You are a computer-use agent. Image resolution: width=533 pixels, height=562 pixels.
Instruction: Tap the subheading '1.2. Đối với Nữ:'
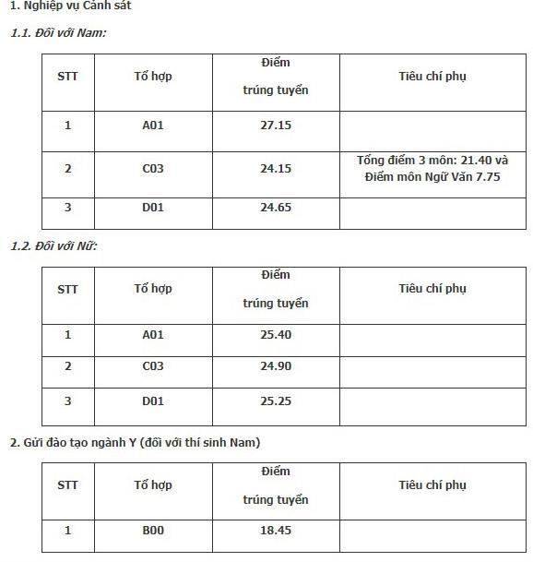(53, 245)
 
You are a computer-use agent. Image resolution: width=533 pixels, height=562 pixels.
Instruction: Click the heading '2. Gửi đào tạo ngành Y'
(135, 442)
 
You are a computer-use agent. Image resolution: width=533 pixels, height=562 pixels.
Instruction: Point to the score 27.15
(276, 125)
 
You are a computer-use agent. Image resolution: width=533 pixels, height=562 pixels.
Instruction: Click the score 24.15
(276, 169)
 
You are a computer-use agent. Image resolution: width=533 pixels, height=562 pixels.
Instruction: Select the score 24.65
(276, 208)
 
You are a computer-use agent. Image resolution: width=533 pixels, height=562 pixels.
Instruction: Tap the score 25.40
(276, 334)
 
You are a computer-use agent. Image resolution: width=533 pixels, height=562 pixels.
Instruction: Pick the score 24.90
(276, 366)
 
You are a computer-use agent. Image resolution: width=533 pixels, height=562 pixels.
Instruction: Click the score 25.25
(276, 401)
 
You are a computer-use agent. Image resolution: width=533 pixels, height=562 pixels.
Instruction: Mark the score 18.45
(276, 531)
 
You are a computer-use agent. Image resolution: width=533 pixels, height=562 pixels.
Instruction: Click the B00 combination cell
(153, 531)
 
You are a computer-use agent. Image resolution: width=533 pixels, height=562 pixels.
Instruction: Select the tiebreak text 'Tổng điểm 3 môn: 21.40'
(432, 161)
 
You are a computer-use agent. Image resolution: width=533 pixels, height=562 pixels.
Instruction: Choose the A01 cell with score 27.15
(153, 125)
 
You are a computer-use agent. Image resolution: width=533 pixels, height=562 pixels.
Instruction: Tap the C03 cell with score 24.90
(153, 366)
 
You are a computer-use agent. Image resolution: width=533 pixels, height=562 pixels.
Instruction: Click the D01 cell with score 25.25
(153, 401)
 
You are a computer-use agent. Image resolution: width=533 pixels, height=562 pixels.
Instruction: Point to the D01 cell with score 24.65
(153, 208)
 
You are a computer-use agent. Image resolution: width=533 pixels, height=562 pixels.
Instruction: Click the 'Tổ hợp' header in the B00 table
(153, 484)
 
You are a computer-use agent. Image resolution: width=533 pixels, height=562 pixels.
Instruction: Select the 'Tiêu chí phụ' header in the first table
(432, 77)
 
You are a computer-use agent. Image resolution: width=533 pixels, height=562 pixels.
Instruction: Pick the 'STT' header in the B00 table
(67, 484)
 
